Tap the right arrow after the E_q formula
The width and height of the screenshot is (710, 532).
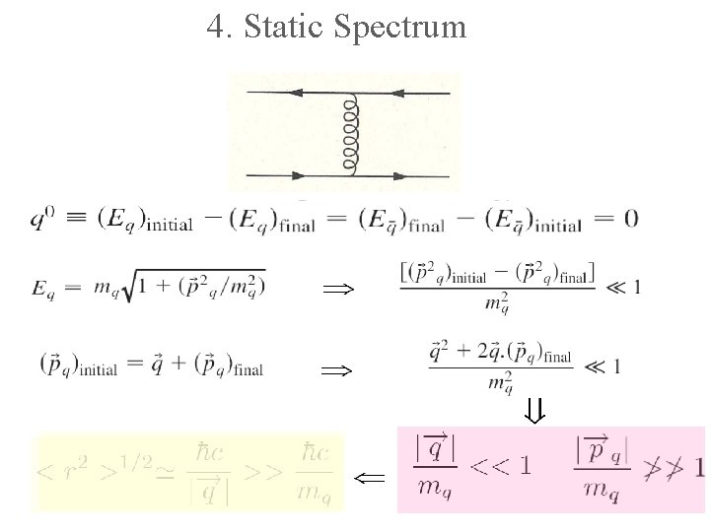(336, 289)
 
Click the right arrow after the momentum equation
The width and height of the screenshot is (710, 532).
(336, 369)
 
